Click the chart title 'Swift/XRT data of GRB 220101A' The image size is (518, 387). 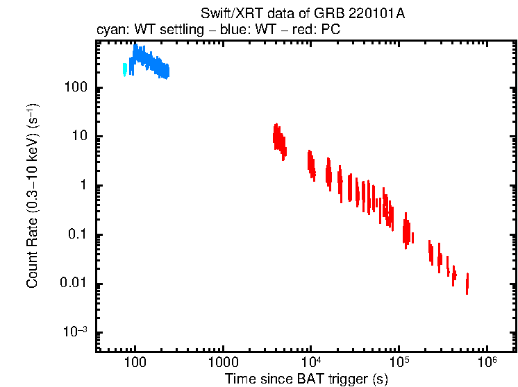[x=303, y=14]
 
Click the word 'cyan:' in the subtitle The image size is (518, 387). [x=111, y=31]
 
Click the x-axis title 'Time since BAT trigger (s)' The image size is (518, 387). [x=306, y=379]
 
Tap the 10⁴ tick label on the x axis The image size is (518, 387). [x=312, y=362]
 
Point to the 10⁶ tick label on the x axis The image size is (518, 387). [x=487, y=362]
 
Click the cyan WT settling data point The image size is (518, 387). [x=125, y=69]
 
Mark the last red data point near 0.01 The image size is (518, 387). [x=467, y=283]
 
